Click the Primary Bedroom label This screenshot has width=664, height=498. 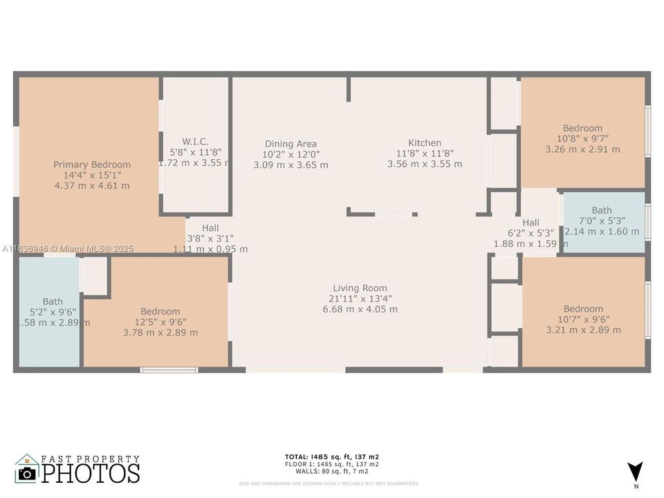(x=92, y=165)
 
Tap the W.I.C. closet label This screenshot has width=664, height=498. (x=195, y=140)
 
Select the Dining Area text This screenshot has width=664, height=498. (x=290, y=144)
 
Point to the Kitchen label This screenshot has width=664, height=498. (x=425, y=143)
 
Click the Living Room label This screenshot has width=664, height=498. (x=360, y=288)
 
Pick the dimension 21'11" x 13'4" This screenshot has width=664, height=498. (x=360, y=299)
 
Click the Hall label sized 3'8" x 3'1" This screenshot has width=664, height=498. (x=210, y=228)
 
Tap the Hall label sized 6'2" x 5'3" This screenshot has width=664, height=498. (x=531, y=223)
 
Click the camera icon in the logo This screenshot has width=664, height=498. (x=27, y=473)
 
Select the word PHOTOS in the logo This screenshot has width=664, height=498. (x=91, y=473)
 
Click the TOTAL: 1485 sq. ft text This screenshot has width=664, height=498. (x=331, y=456)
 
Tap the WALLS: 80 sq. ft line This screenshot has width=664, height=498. (x=331, y=471)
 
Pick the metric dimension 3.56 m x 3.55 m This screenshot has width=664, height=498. (x=425, y=165)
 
